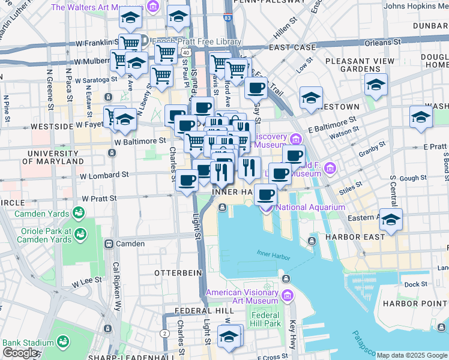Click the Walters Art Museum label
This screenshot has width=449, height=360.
click(98, 7)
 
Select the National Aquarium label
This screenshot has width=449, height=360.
click(310, 208)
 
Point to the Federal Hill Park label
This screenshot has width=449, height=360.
click(265, 319)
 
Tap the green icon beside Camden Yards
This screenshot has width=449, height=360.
click(78, 213)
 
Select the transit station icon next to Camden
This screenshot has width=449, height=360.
click(109, 244)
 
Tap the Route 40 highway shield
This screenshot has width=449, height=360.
click(187, 53)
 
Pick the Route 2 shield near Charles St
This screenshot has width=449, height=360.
click(164, 333)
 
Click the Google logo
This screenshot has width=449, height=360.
click(20, 353)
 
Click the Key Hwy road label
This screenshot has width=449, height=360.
click(292, 332)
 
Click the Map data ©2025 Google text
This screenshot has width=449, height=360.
click(412, 355)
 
